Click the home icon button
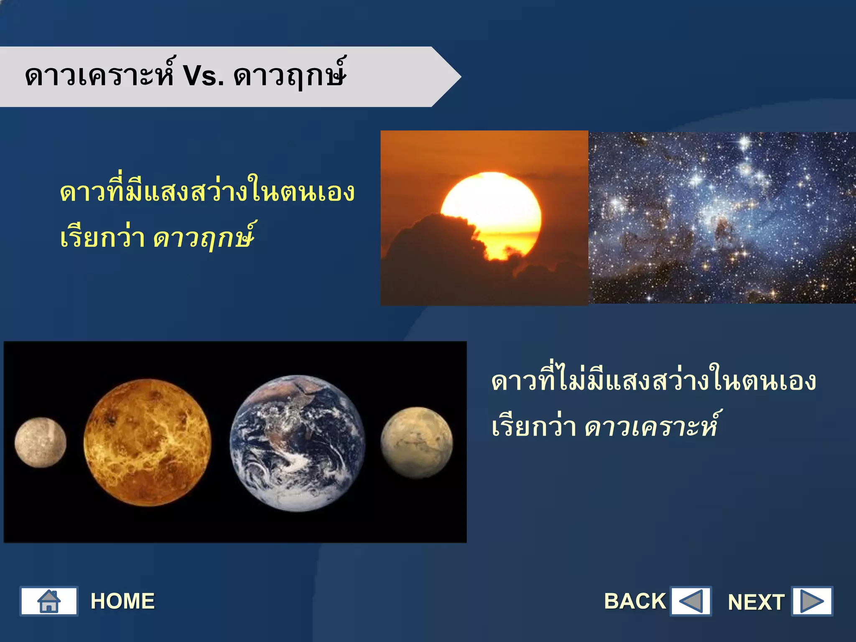(x=49, y=601)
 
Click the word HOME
(x=122, y=601)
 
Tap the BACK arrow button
(x=690, y=601)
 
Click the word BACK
(x=634, y=601)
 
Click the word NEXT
(x=756, y=602)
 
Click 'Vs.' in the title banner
(x=203, y=76)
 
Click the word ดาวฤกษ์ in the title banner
(x=290, y=76)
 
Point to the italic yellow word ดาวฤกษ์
(x=204, y=237)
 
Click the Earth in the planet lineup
(x=297, y=443)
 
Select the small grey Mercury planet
(x=41, y=442)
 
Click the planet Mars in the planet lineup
(x=416, y=443)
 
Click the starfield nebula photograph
(x=722, y=218)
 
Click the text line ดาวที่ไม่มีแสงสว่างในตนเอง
(x=653, y=381)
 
